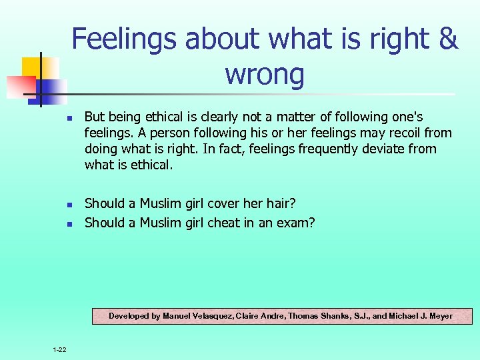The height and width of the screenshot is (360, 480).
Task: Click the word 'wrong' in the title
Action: pyautogui.click(x=265, y=74)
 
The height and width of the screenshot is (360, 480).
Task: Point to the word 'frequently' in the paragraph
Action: pyautogui.click(x=330, y=149)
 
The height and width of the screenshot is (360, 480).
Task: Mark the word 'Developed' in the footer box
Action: pyautogui.click(x=129, y=316)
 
